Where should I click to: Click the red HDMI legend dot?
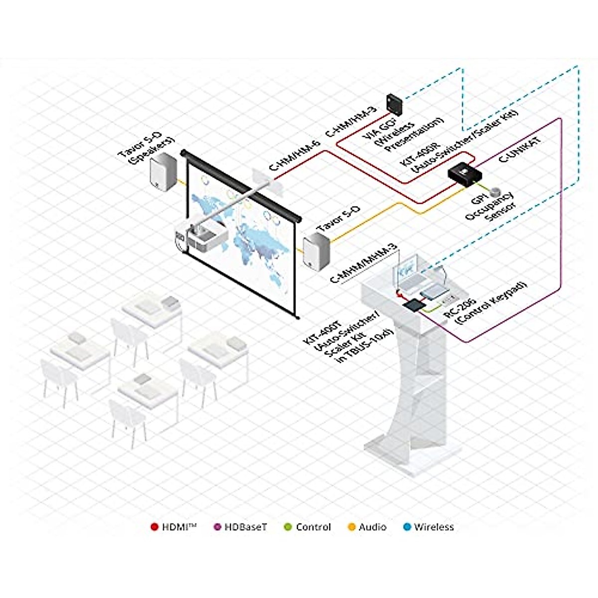point(154,527)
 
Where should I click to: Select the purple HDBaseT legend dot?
point(217,527)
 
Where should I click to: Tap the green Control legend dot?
point(288,527)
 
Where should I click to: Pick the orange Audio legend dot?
point(351,527)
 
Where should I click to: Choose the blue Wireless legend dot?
point(407,527)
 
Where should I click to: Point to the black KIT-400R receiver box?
point(464,174)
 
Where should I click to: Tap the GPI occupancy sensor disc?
point(496,191)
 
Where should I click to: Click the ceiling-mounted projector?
point(206,238)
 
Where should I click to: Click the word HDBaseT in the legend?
point(246,527)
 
